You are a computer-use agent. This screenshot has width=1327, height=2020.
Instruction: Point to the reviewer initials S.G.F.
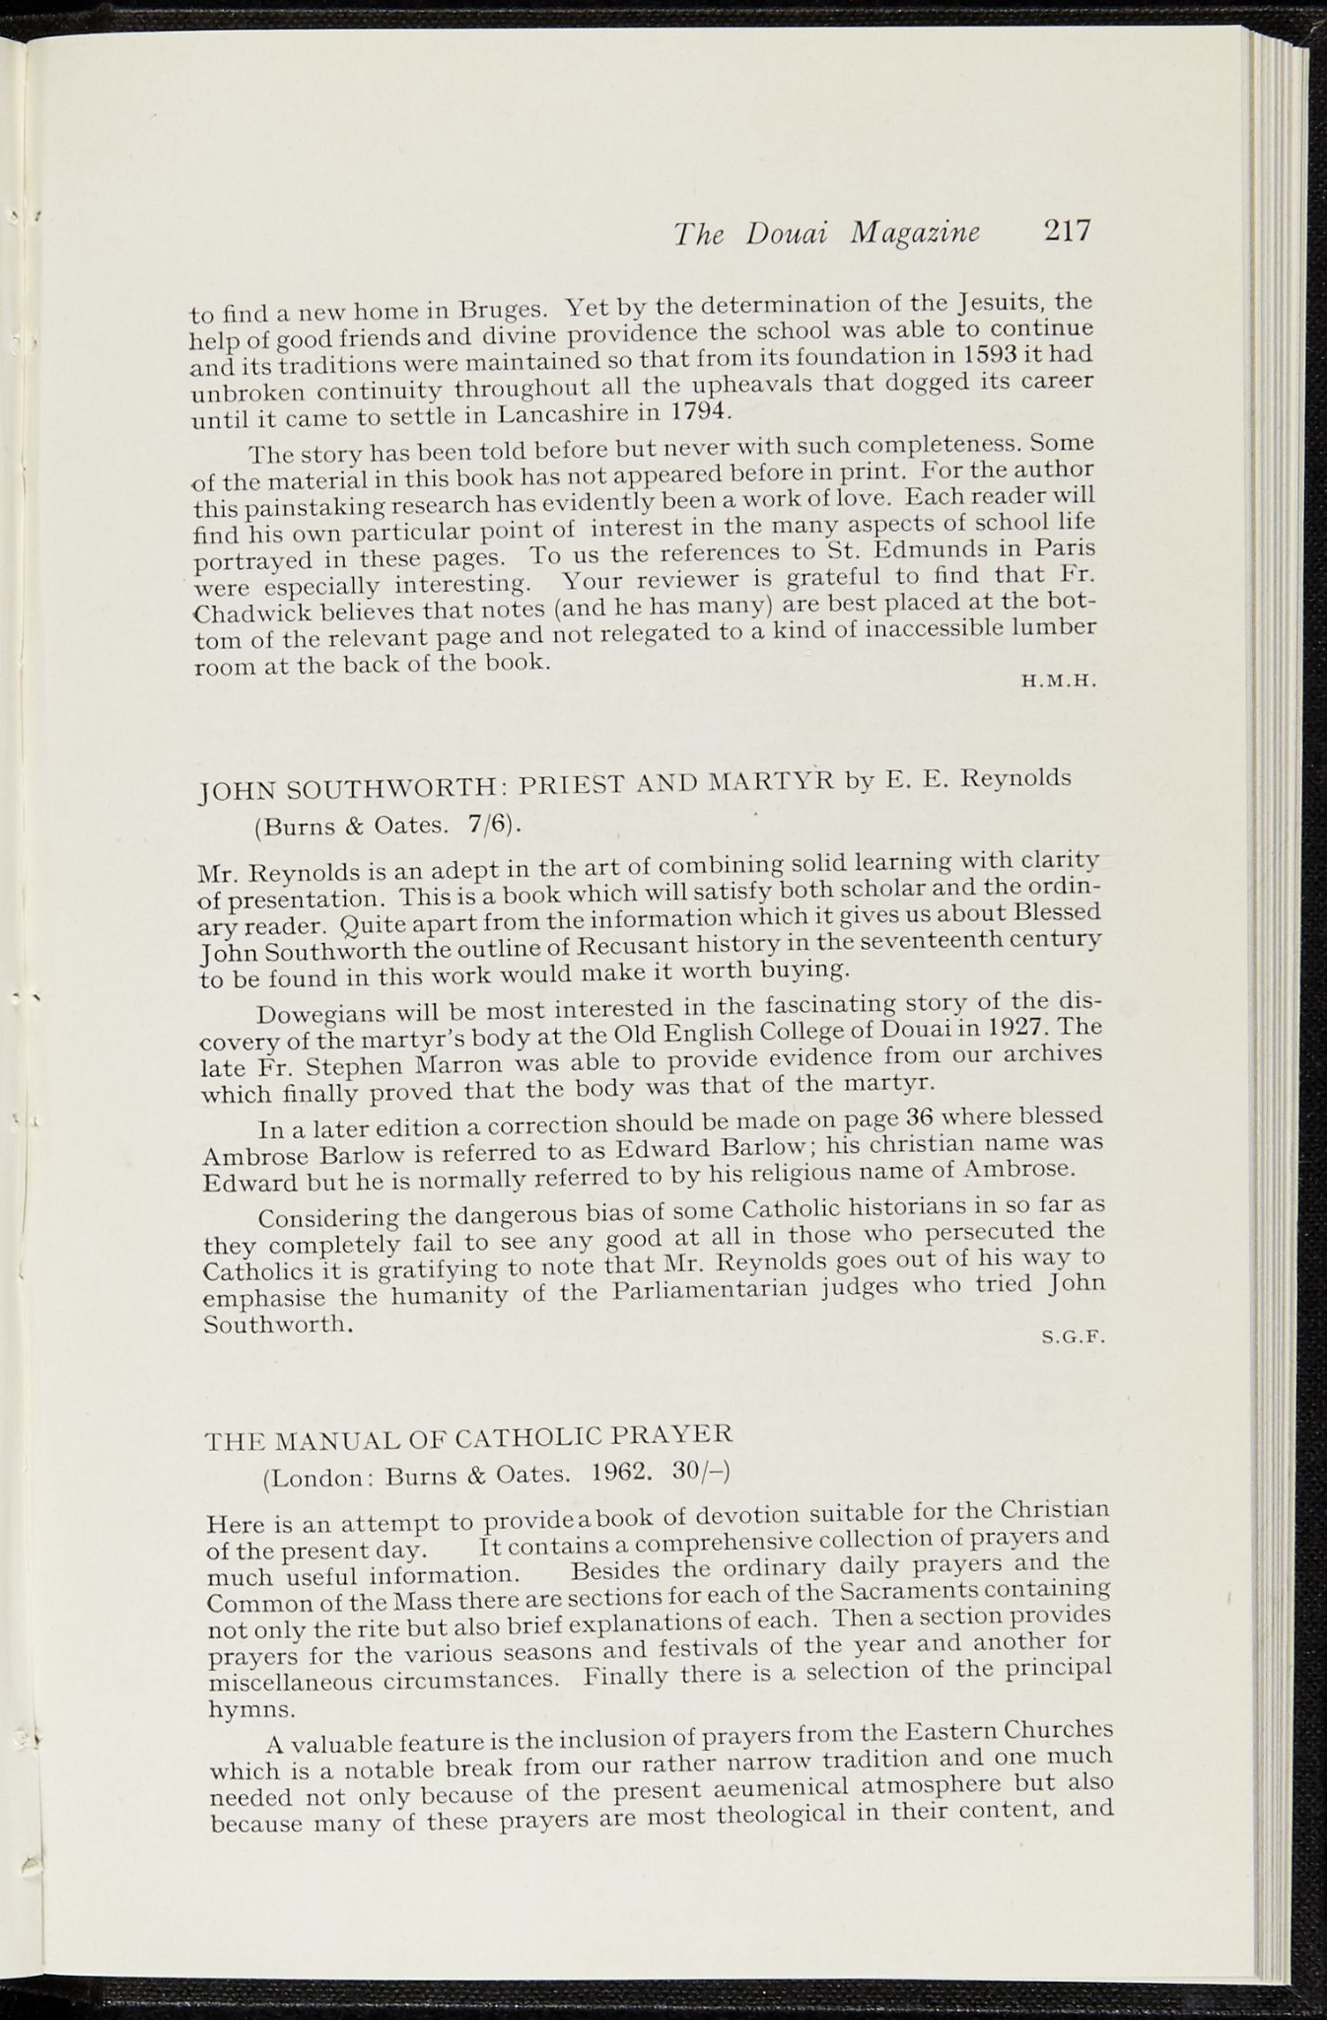click(x=1076, y=1338)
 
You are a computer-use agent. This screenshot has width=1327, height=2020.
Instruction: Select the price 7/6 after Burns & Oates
click(x=487, y=824)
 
